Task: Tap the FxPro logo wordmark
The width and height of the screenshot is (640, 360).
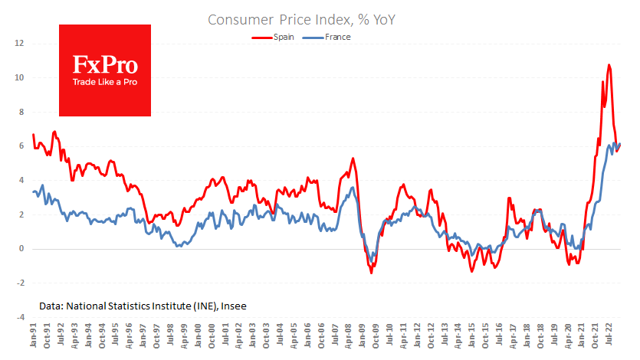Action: [104, 63]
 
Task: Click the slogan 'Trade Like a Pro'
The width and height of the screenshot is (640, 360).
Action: [104, 82]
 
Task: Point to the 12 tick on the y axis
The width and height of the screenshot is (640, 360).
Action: [20, 44]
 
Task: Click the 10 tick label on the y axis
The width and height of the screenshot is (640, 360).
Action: [20, 77]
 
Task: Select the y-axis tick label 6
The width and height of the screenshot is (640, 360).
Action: [22, 146]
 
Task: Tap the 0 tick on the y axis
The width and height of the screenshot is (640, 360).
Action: [22, 248]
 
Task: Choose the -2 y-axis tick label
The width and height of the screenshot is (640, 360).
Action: [21, 283]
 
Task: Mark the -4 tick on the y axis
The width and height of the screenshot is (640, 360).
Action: [21, 316]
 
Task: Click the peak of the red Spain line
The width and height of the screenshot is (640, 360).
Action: [609, 65]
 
